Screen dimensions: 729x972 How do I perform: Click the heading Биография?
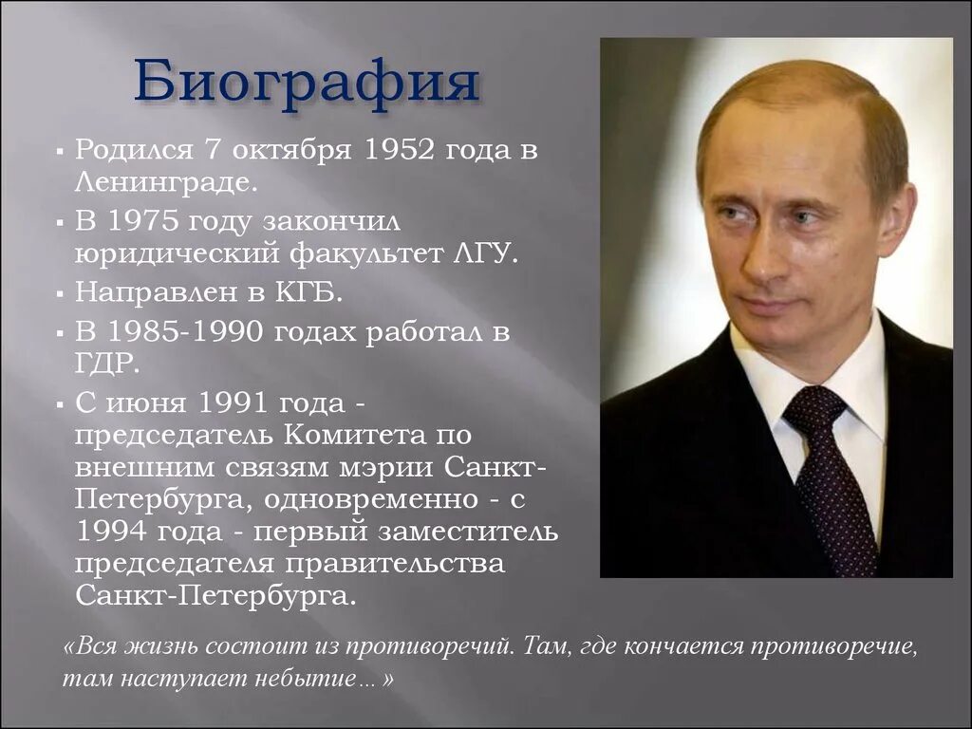click(x=306, y=82)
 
